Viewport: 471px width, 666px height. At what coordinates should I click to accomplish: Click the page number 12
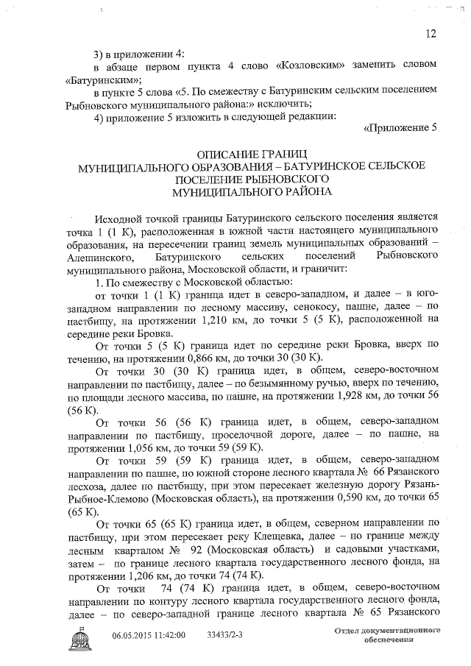pyautogui.click(x=431, y=33)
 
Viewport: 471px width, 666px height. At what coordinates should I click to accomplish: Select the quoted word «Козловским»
pyautogui.click(x=304, y=65)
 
